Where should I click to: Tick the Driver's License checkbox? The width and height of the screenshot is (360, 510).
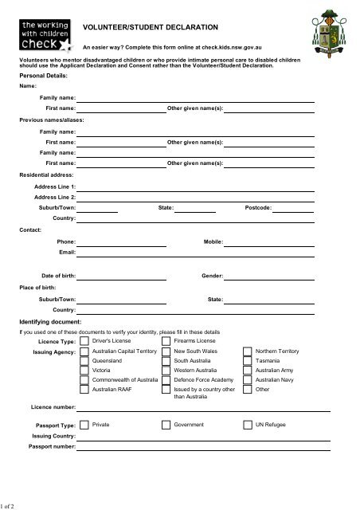[84, 341]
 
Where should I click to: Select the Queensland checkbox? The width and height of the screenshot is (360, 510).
[84, 361]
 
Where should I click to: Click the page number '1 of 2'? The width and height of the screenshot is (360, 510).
[13, 504]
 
